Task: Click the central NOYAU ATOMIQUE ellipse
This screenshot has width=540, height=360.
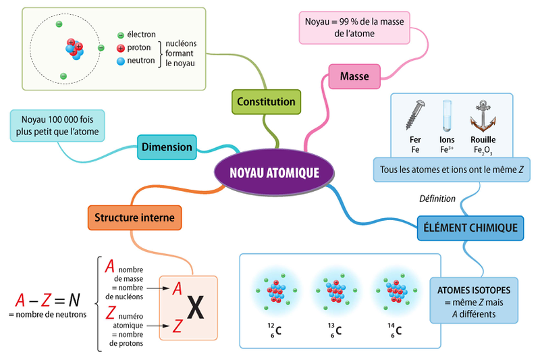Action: click(274, 172)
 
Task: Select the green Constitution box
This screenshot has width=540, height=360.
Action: click(266, 102)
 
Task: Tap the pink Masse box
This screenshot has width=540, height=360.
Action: click(354, 76)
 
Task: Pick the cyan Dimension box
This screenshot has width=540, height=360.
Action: click(167, 147)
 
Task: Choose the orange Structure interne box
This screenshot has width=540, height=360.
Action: click(134, 217)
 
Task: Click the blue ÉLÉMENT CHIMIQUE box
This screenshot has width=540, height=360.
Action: click(470, 228)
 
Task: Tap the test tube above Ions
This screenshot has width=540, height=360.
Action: click(447, 115)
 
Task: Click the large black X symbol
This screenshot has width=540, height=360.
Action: click(195, 307)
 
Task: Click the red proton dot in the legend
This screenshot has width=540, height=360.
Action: click(121, 48)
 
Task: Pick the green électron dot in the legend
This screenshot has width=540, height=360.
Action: click(121, 35)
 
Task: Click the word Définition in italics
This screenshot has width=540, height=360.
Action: click(437, 199)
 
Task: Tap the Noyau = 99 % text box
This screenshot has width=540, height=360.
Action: click(354, 27)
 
